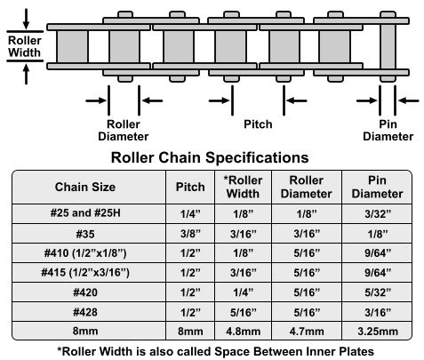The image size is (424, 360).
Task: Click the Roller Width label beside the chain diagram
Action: (x=25, y=46)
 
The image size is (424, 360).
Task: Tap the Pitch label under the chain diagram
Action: (x=258, y=124)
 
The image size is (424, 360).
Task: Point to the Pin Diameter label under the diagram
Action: (x=388, y=131)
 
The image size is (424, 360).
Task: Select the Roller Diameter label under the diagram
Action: (x=124, y=131)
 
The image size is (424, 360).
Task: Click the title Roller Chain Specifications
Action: (x=210, y=157)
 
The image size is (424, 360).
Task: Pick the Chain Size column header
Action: (x=85, y=187)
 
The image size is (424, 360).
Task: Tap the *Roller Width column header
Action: (x=243, y=187)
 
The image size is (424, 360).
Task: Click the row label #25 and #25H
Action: (x=85, y=213)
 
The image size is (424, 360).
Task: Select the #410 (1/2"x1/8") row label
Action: (x=85, y=253)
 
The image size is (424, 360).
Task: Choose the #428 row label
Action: (x=85, y=312)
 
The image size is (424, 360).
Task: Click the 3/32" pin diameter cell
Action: (x=378, y=213)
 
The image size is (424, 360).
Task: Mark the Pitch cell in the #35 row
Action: (x=190, y=234)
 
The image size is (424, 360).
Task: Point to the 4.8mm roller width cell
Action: (x=244, y=332)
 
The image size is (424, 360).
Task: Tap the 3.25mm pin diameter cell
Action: (x=378, y=332)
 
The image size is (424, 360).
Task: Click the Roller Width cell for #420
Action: (x=244, y=292)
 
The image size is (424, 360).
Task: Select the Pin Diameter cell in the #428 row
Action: (x=378, y=312)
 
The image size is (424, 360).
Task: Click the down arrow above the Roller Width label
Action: (x=26, y=19)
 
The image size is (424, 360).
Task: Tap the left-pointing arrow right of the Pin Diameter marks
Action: (x=409, y=100)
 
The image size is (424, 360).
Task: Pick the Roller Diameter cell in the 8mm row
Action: (x=307, y=332)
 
